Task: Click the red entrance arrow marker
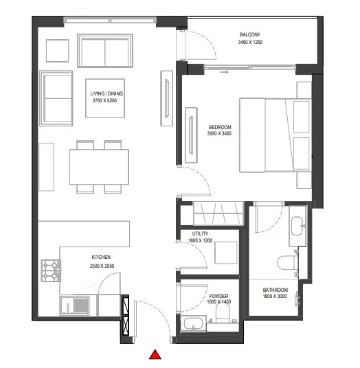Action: coord(156,355)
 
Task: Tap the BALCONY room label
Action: coord(249,34)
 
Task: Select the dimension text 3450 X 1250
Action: coord(249,42)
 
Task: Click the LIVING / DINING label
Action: coord(106,93)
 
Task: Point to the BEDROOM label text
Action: coord(220,127)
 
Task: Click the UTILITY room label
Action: coord(201,234)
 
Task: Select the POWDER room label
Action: coord(218,297)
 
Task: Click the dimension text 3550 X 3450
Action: coord(220,135)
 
